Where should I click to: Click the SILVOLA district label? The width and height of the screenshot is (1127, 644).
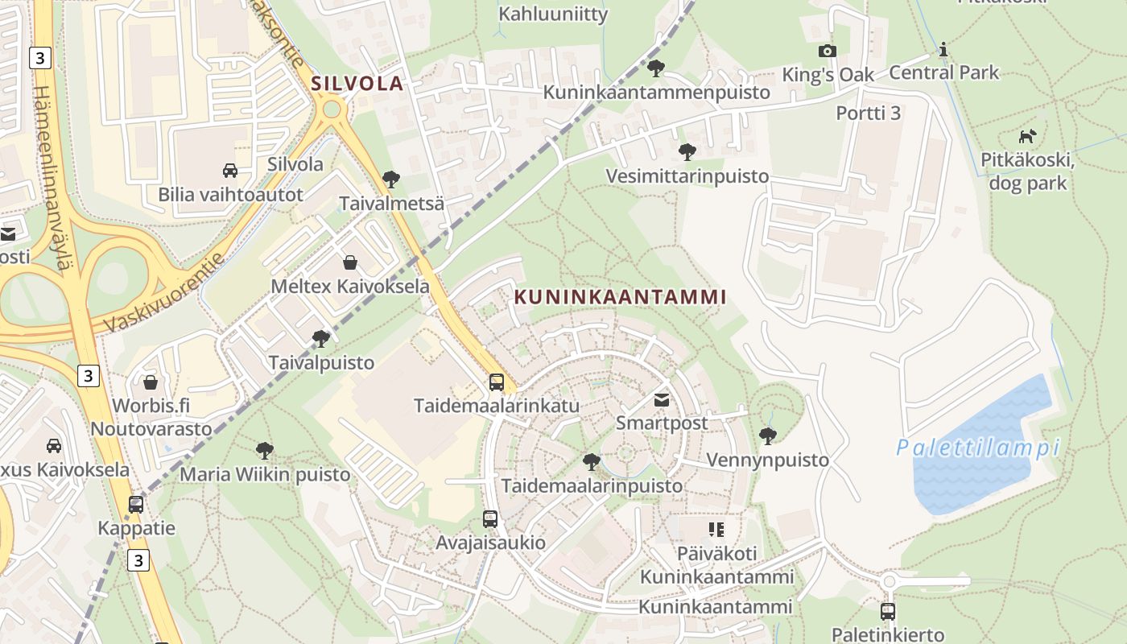click(357, 83)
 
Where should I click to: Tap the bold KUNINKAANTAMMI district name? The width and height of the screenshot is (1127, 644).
click(620, 297)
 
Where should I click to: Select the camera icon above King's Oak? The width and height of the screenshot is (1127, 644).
click(827, 52)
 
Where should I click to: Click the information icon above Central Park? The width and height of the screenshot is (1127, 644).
click(943, 50)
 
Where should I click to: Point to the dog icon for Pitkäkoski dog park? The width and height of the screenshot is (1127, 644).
click(1027, 136)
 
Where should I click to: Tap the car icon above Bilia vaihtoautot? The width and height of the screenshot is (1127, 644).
click(229, 171)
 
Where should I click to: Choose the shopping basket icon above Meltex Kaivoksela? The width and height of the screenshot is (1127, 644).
click(350, 262)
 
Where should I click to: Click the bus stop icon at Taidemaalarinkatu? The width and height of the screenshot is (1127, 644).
click(497, 382)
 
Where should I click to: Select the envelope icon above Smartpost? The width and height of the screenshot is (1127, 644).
click(662, 399)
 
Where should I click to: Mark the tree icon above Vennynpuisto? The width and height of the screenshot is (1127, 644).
click(767, 436)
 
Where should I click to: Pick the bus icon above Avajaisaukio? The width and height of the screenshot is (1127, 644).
click(490, 519)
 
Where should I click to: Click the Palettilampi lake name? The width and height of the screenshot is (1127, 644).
click(978, 448)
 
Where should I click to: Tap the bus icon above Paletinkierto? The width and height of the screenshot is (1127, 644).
click(887, 612)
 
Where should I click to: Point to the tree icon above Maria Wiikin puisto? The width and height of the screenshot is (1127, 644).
click(264, 451)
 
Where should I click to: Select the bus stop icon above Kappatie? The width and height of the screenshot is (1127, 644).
click(136, 505)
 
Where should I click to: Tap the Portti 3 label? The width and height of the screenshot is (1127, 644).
click(868, 113)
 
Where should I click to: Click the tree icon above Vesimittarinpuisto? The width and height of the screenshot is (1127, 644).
click(687, 151)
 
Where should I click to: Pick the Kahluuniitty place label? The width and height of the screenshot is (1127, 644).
click(553, 14)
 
